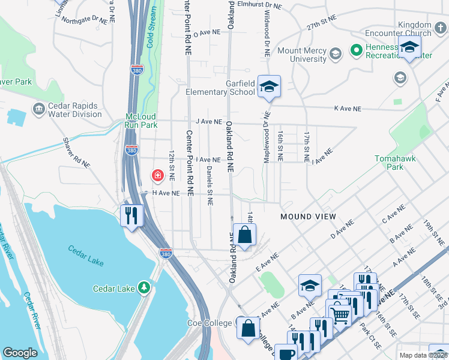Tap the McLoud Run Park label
point(140,121)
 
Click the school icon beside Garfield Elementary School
point(270,87)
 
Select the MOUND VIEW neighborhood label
point(304,216)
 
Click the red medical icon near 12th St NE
point(157,175)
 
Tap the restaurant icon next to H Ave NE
point(131,215)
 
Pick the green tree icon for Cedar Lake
point(143,288)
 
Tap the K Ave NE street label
point(348,109)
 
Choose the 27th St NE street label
point(320,28)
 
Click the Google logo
point(20,353)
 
